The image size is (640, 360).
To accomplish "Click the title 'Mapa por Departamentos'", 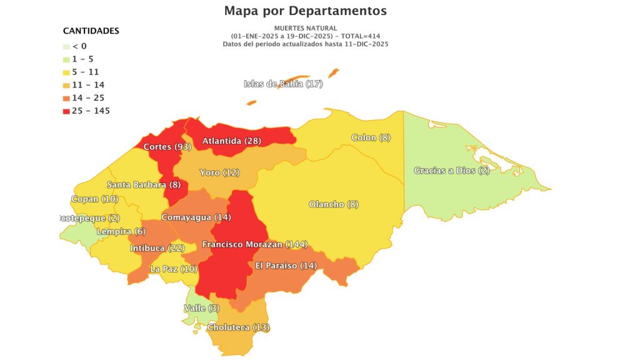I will click(306, 11).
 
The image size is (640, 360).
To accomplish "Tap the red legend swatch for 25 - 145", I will click(66, 111).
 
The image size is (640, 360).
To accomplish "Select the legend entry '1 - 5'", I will click(82, 59).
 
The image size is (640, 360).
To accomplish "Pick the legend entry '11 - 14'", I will click(85, 85).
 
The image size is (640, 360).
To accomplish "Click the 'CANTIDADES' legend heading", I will click(91, 31).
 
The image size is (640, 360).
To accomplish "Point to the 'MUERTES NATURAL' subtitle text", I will click(306, 28).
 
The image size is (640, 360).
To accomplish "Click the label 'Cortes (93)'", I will click(167, 147).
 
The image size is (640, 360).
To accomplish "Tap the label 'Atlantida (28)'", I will click(231, 141).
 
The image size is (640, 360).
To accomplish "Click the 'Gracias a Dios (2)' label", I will click(452, 171).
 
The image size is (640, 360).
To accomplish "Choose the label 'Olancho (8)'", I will click(334, 204).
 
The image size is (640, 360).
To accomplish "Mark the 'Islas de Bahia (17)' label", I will click(283, 84).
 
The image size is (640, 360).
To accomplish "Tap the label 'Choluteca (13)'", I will click(239, 327).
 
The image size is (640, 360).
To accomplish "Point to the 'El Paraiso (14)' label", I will click(286, 265).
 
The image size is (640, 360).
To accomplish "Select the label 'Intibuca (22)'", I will click(157, 248).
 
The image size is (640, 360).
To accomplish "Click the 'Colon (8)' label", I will click(371, 137).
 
